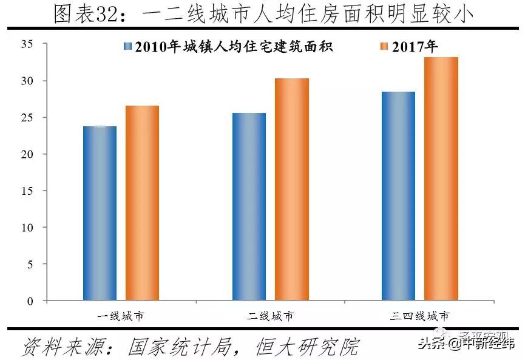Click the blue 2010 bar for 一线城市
(100, 213)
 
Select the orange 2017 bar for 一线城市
(142, 203)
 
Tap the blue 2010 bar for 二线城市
(249, 206)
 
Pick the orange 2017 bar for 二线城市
(291, 189)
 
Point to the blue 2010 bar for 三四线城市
(398, 195)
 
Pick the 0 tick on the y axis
(29, 301)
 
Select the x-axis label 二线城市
(270, 316)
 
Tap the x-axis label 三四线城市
(420, 316)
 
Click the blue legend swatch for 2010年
(127, 47)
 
